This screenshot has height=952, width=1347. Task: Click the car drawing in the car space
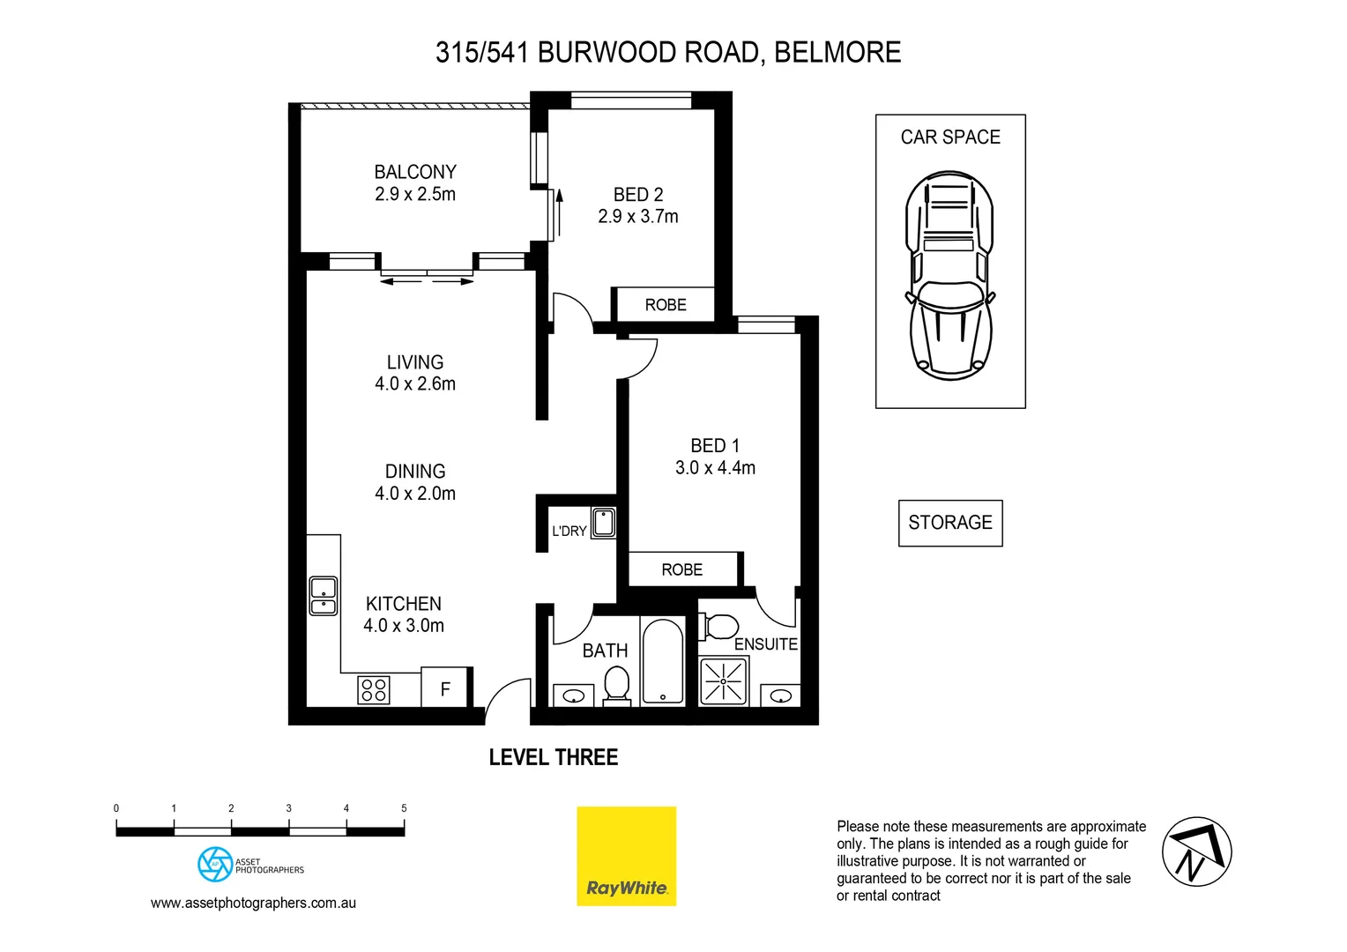[x=949, y=276]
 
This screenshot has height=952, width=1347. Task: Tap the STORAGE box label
[x=950, y=523]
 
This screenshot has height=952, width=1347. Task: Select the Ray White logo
[x=626, y=856]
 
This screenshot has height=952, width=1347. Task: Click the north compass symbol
[x=1196, y=852]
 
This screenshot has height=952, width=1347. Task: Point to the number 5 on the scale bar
[x=404, y=808]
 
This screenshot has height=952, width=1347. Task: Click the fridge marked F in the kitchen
[x=445, y=688]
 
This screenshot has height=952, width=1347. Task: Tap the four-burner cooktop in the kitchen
[x=374, y=689]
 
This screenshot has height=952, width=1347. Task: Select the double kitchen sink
[x=324, y=596]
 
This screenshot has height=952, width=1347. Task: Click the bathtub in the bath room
[x=663, y=661]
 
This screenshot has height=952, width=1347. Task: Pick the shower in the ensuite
[x=723, y=681]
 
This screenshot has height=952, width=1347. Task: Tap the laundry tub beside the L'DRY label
[x=604, y=523]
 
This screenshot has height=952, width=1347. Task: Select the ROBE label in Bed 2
[x=666, y=305]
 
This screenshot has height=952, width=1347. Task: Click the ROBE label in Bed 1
[x=682, y=570]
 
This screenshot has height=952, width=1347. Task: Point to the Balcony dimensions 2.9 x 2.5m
[x=415, y=195]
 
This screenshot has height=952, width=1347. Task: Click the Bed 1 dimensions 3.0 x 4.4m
[x=715, y=468]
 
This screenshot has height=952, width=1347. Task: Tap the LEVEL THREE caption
[x=554, y=757]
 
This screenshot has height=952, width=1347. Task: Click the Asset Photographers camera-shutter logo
[x=215, y=865]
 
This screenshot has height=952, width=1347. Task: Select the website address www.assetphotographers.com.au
[x=253, y=903]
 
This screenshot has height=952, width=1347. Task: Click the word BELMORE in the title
[x=837, y=53]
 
